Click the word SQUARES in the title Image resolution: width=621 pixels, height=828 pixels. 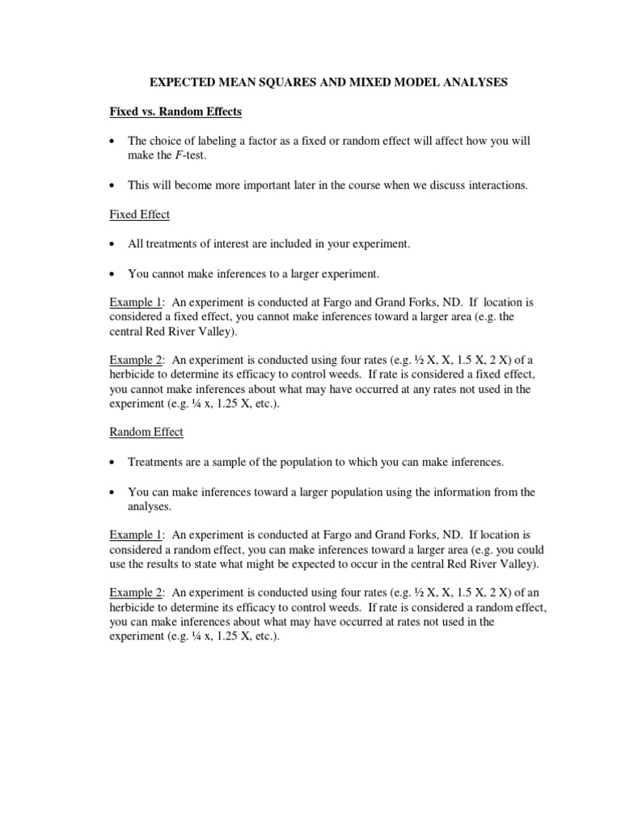277,83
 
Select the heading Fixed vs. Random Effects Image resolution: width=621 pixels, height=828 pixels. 175,112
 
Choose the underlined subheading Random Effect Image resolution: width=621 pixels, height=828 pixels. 146,432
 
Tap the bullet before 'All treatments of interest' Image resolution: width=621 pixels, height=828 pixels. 114,244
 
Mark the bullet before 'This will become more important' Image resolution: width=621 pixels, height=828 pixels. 114,186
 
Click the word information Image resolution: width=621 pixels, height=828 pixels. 458,492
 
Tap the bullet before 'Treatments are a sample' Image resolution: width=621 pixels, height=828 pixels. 114,463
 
